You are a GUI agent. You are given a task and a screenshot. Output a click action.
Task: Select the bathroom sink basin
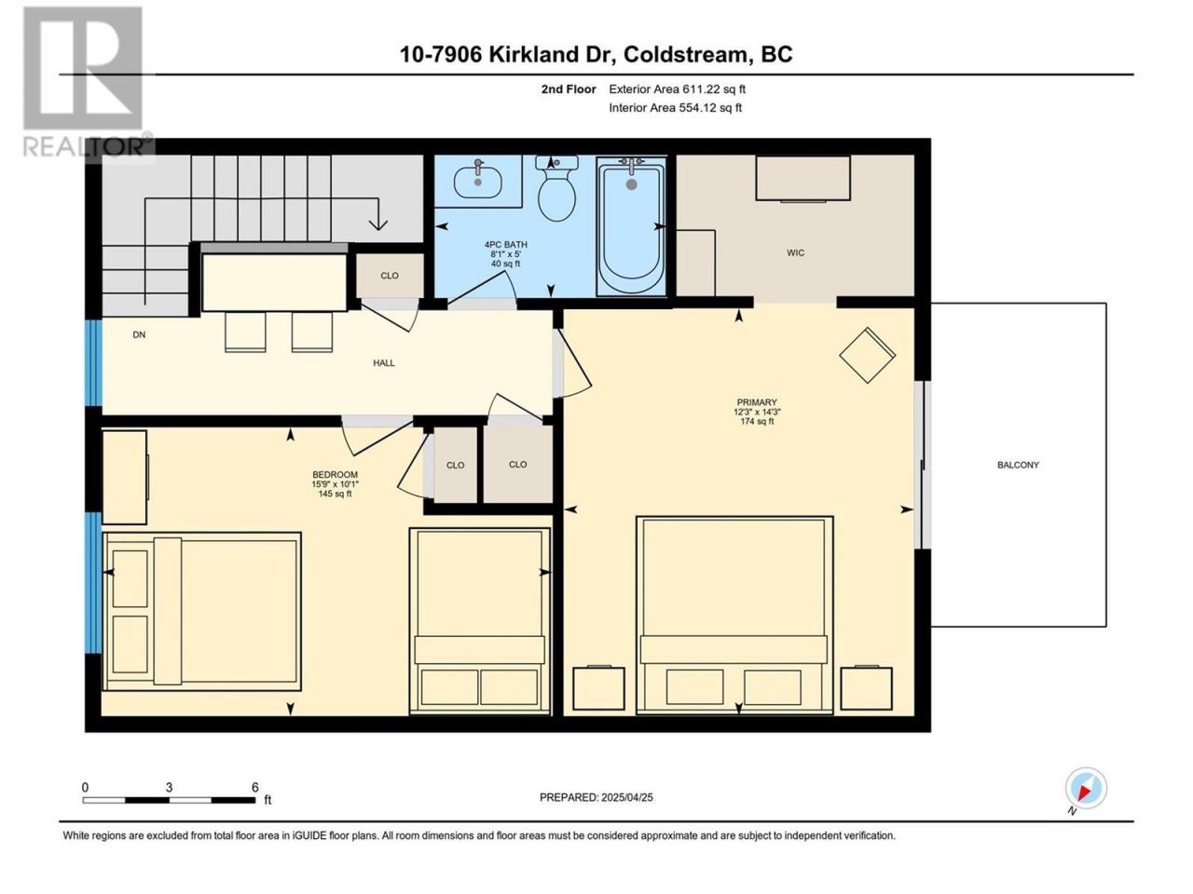click(478, 182)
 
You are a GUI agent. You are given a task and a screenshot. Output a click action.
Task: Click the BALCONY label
click(1018, 465)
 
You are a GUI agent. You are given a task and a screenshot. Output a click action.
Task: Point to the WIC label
click(795, 252)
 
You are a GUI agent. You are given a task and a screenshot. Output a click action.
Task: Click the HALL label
click(384, 362)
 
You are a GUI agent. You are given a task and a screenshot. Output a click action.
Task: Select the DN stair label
click(139, 334)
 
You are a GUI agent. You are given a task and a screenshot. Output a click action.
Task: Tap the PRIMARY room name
click(757, 402)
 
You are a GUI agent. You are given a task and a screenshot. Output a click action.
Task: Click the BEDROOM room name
click(335, 474)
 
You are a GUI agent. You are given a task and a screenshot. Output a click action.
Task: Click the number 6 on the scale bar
click(254, 787)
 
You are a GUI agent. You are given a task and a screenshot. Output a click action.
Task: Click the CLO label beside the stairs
click(390, 276)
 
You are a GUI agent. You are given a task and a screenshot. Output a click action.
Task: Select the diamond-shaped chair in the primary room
click(867, 355)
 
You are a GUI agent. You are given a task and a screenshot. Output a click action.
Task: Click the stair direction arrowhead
click(378, 223)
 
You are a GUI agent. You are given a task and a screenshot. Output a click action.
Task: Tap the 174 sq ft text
click(757, 421)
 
